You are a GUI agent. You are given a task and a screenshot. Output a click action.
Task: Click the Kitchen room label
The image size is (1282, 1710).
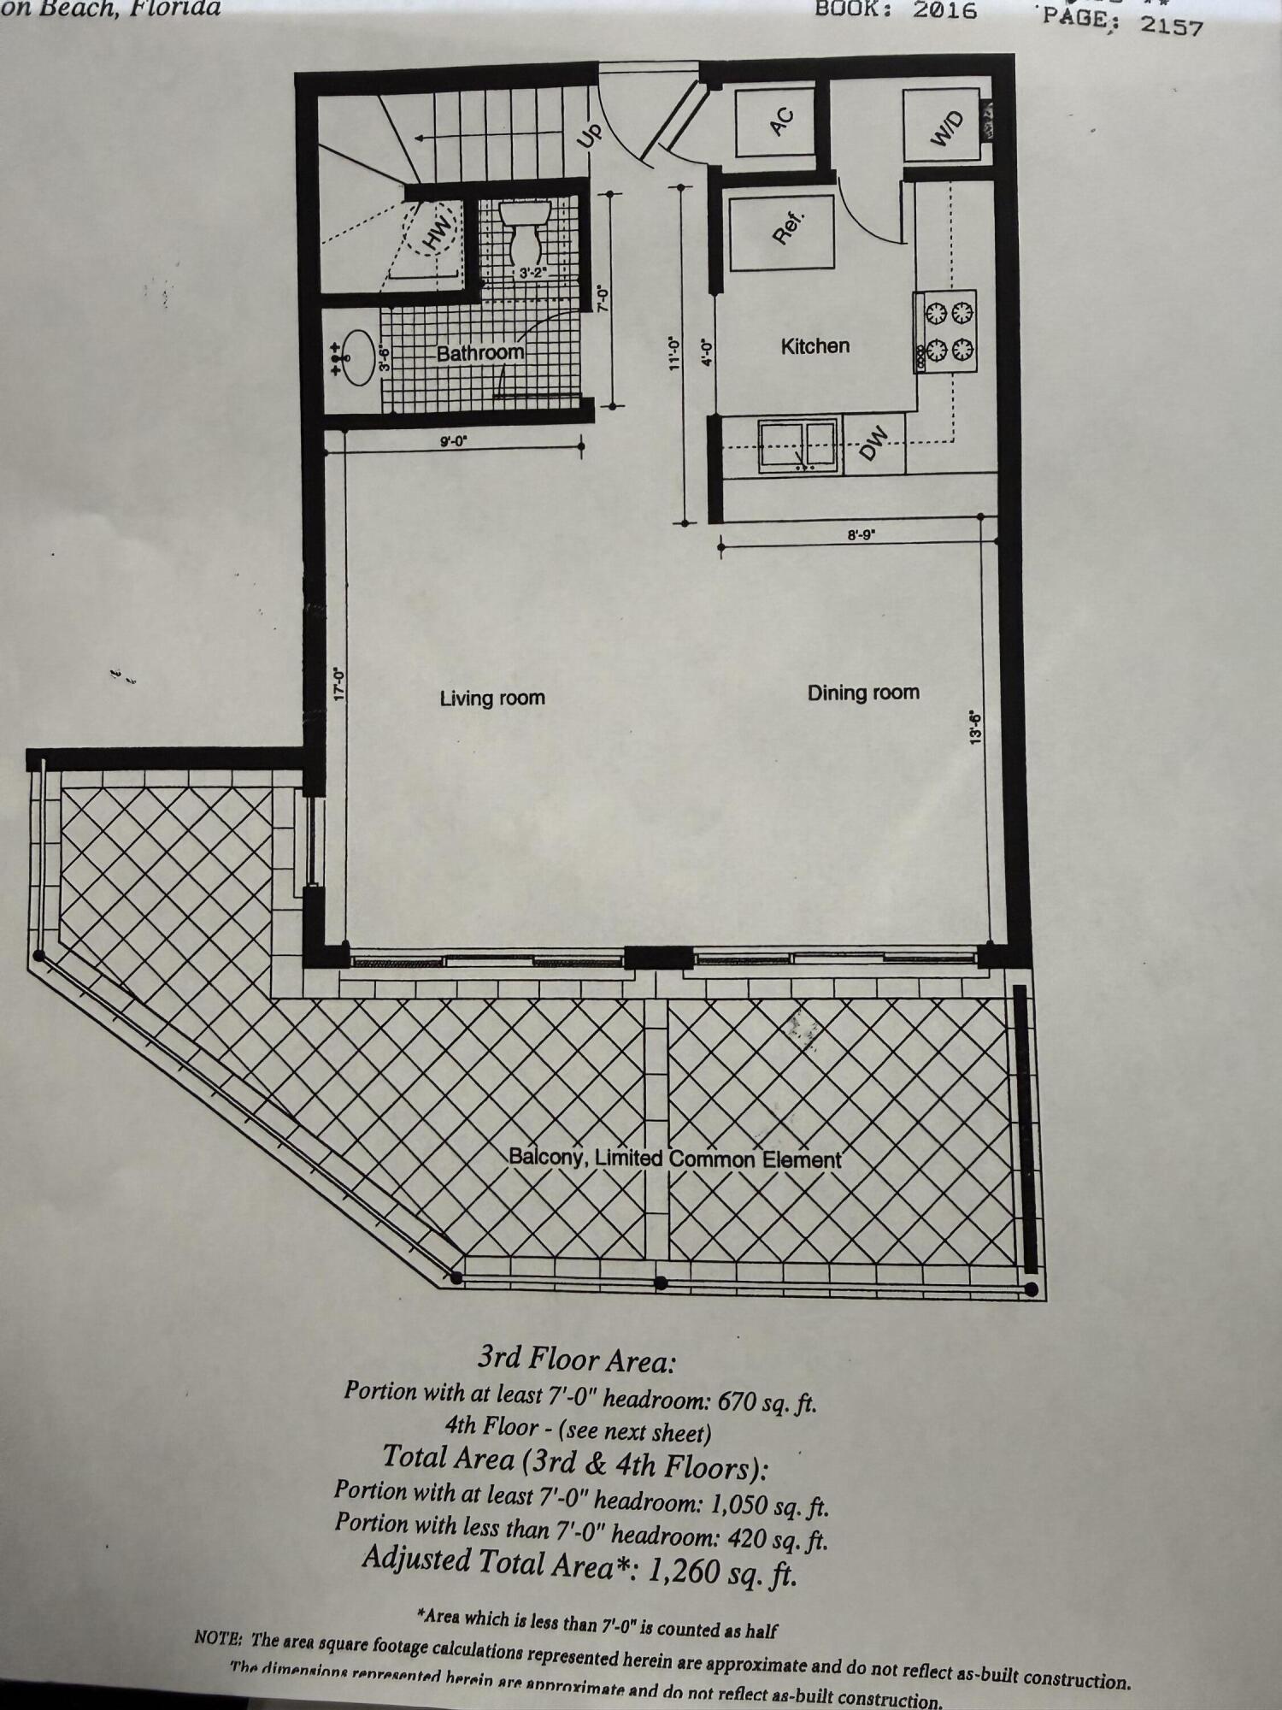pos(814,346)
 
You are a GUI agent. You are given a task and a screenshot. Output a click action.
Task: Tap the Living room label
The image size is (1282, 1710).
pos(492,698)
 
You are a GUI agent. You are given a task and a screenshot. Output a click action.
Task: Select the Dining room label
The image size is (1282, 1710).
pos(863,692)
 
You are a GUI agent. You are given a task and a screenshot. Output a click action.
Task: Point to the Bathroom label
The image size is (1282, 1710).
pos(479,352)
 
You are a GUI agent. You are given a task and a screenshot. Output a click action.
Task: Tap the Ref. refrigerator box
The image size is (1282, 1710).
pos(780,232)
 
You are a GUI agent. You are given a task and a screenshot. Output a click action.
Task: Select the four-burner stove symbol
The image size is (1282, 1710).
pos(947,332)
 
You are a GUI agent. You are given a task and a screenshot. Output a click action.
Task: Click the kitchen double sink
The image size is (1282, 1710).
pos(797,445)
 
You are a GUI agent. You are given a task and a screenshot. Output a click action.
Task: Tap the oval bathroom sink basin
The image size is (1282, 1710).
pos(358,357)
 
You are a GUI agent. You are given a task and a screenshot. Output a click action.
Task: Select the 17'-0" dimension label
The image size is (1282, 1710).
pos(338,684)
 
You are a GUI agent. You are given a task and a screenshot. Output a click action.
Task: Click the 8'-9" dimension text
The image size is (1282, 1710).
pos(862,535)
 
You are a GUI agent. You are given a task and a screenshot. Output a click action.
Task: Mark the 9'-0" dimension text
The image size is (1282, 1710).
pos(454,441)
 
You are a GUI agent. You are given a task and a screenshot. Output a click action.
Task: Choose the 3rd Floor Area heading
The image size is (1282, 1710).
pos(576,1358)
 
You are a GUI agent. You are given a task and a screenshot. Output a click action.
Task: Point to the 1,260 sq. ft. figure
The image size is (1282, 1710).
pos(723,1570)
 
